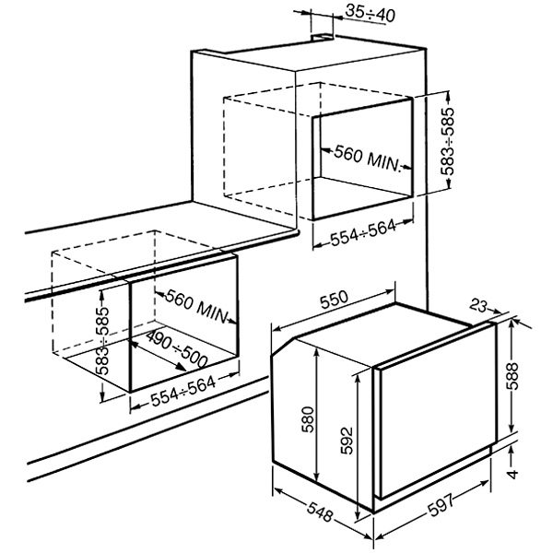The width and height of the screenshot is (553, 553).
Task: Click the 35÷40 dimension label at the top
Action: point(370,14)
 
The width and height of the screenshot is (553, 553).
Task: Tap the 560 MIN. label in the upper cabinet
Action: point(368,159)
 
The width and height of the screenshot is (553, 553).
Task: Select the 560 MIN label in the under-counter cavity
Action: point(196,306)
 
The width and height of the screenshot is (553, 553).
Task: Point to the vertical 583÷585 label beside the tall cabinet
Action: point(448,141)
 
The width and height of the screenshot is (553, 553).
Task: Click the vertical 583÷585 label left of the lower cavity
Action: point(102,340)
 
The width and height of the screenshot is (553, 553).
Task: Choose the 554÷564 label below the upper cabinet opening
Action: point(363,232)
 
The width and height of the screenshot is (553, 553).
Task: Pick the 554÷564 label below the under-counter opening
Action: point(183,392)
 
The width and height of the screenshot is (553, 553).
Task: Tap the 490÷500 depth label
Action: point(176,349)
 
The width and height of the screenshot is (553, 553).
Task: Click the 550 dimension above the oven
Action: point(334,299)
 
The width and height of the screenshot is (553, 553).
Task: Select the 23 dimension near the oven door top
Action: point(477,306)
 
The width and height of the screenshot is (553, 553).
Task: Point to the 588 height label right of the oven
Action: point(512,376)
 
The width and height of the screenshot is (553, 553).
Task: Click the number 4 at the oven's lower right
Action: point(512,474)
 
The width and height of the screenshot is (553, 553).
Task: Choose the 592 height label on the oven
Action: point(347,441)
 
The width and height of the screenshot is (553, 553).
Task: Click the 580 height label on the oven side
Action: point(308,419)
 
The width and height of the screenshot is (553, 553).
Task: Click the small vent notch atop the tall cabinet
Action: point(322,38)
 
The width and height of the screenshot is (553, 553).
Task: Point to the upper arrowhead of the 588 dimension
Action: point(511,322)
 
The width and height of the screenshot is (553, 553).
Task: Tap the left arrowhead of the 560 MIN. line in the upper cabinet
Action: point(325,150)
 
